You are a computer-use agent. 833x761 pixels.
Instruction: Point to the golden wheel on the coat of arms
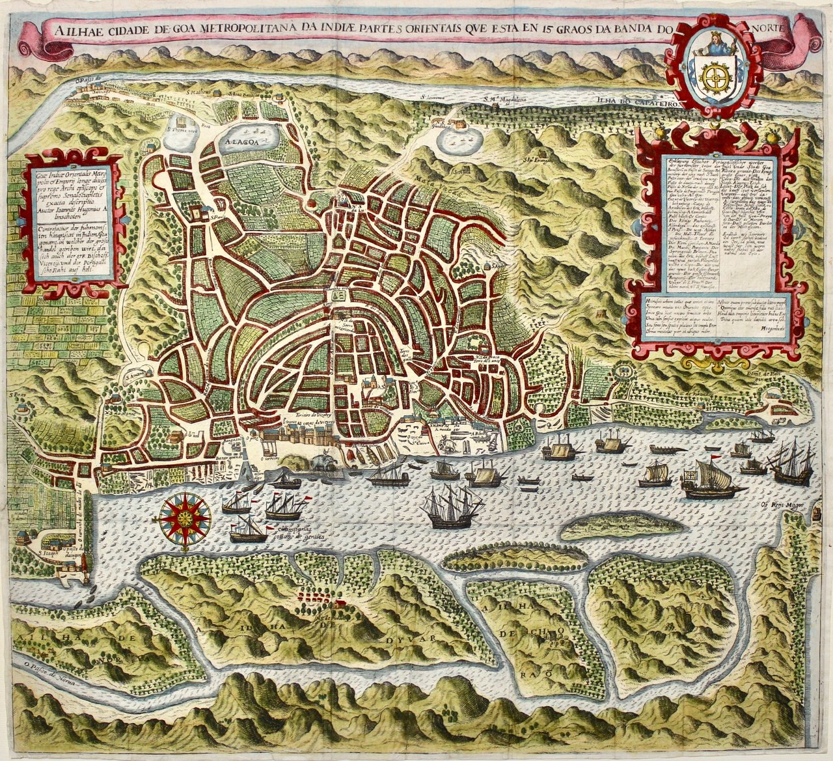[714, 77]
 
